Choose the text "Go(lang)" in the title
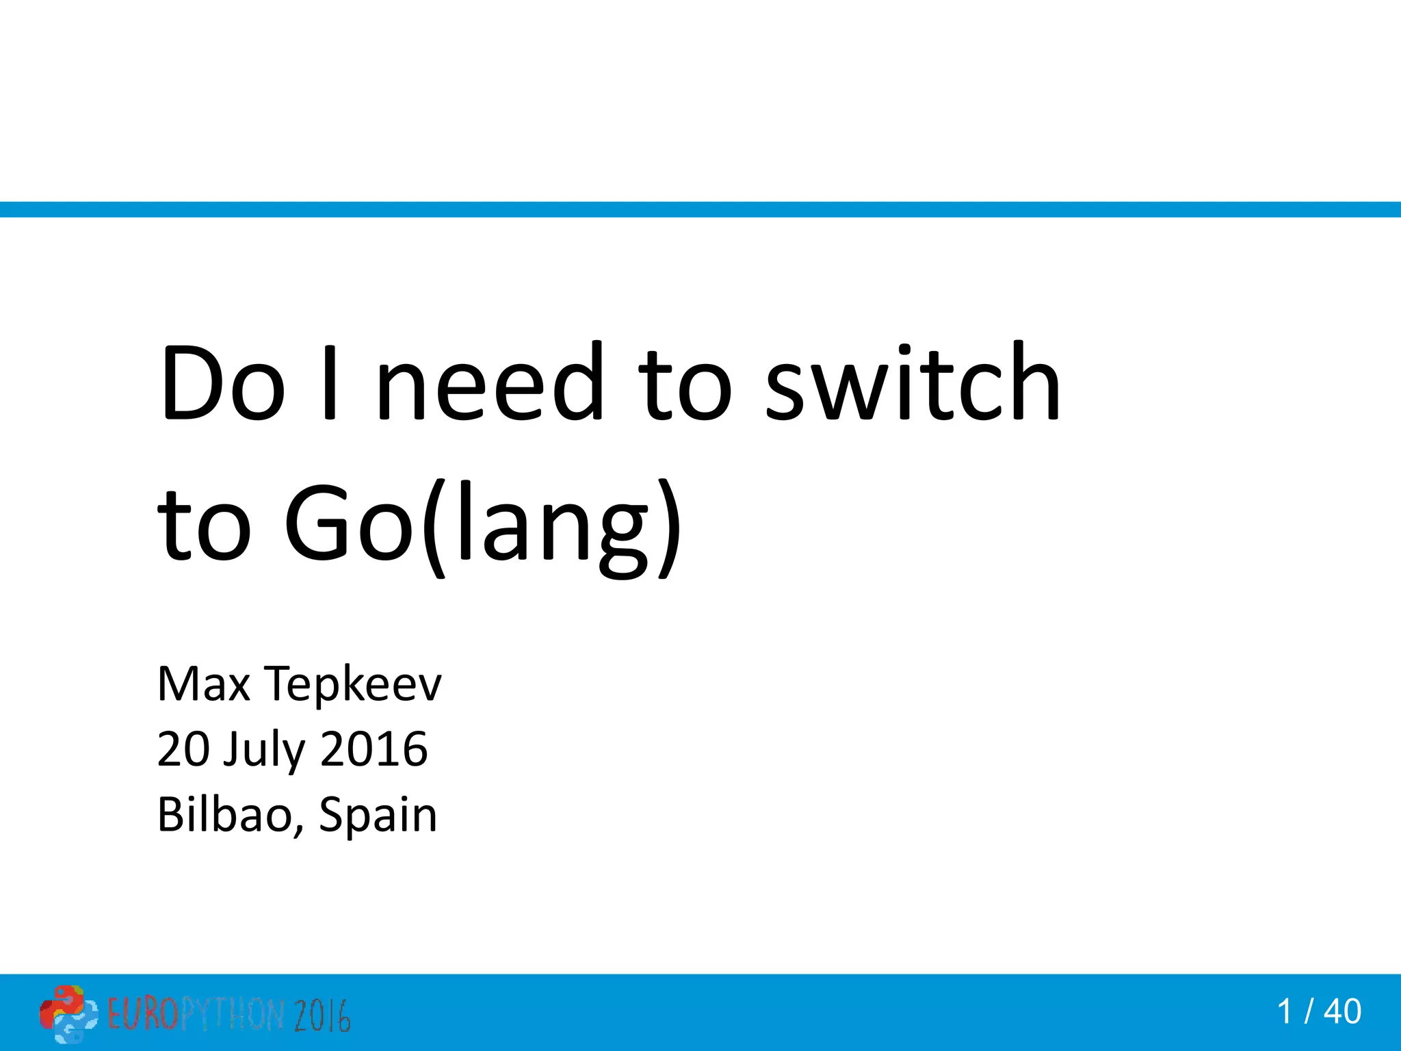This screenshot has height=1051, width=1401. [x=482, y=527]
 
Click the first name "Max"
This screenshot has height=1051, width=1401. [x=204, y=684]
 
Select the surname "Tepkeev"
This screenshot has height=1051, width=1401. [x=354, y=685]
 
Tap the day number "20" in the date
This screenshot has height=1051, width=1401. [x=183, y=749]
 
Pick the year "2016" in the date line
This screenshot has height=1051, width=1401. [x=374, y=749]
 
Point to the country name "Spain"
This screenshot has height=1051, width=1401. [x=378, y=816]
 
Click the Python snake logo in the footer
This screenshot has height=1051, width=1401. [x=68, y=1013]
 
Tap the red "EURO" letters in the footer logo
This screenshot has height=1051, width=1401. [x=142, y=1014]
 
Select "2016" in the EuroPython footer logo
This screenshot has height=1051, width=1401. [x=323, y=1015]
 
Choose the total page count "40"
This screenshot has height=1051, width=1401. [x=1342, y=1012]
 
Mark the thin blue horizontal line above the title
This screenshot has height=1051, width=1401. [x=700, y=209]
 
